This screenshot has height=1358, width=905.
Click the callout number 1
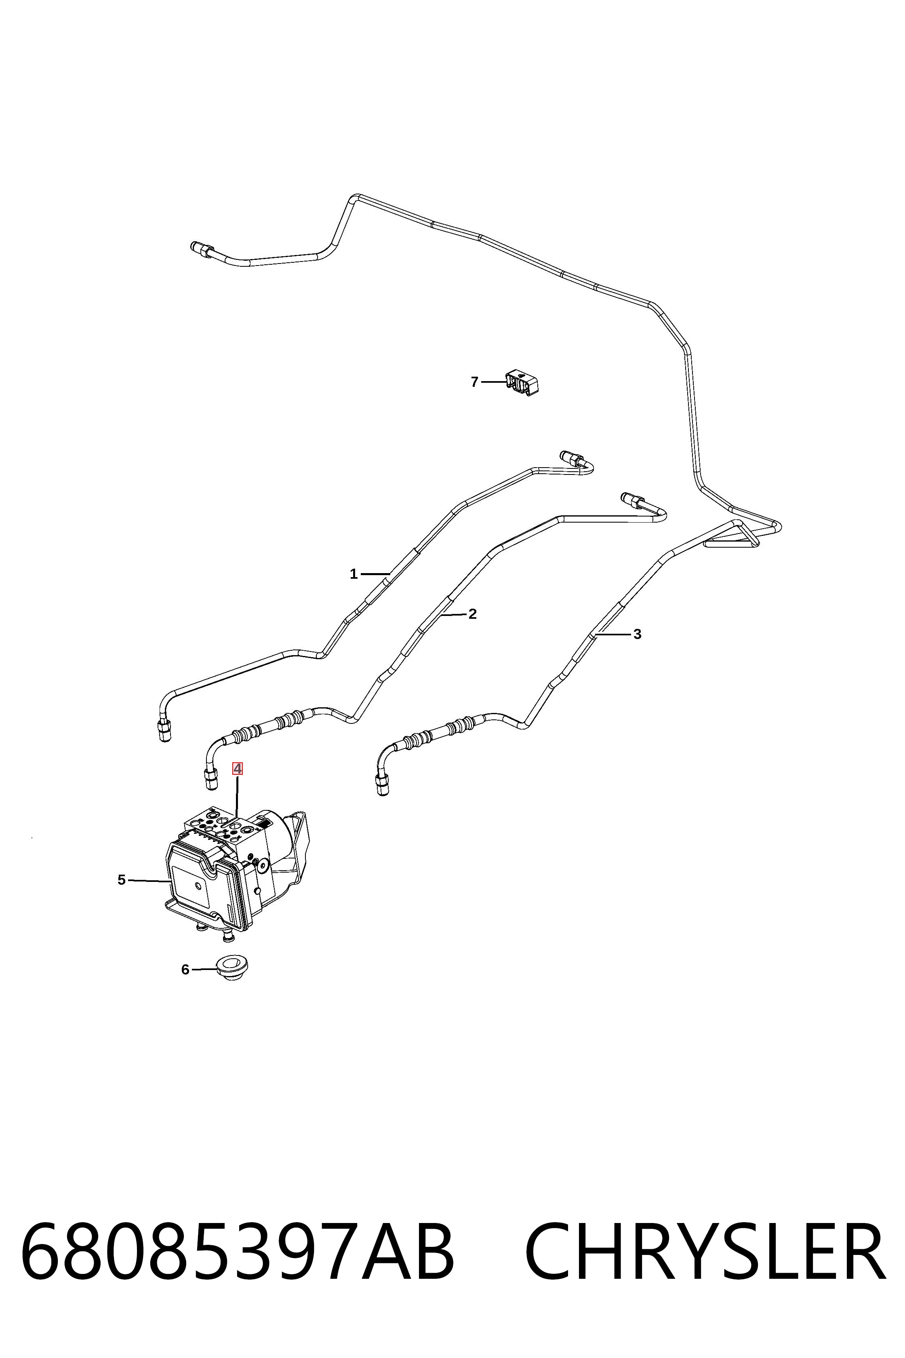coord(354,574)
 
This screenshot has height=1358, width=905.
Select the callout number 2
coord(473,614)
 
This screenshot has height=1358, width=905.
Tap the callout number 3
coord(637,634)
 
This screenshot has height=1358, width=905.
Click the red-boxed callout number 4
coord(237,769)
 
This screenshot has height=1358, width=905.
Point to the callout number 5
coord(121,880)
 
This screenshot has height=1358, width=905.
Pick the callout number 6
coord(185,970)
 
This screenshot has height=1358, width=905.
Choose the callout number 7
coord(474,382)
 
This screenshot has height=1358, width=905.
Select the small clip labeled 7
coord(522,382)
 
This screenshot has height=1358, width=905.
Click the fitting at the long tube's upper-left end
coord(202,249)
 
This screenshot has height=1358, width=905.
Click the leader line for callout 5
coord(148,881)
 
